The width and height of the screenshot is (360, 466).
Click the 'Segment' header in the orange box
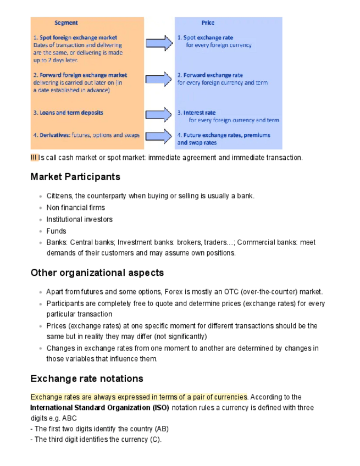(x=66, y=23)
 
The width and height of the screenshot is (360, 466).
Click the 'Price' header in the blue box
(x=208, y=23)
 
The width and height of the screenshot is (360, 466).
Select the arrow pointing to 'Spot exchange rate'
(x=159, y=42)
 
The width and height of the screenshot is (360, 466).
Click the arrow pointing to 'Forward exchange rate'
(x=159, y=79)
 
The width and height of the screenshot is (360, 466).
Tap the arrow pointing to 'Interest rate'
(x=159, y=114)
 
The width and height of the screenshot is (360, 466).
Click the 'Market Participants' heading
(x=75, y=177)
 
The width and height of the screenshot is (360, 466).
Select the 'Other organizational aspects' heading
(x=97, y=273)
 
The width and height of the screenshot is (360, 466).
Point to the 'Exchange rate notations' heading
(x=87, y=379)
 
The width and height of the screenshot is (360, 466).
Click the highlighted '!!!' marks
(x=34, y=158)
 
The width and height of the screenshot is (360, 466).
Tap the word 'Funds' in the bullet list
(x=56, y=231)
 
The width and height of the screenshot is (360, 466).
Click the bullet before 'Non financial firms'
(x=40, y=208)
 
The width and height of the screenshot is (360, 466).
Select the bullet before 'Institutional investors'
(x=40, y=220)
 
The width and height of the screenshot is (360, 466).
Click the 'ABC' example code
(x=70, y=418)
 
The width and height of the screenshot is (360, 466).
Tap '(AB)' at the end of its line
(x=162, y=429)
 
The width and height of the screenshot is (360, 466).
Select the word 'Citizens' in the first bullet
(x=60, y=196)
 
